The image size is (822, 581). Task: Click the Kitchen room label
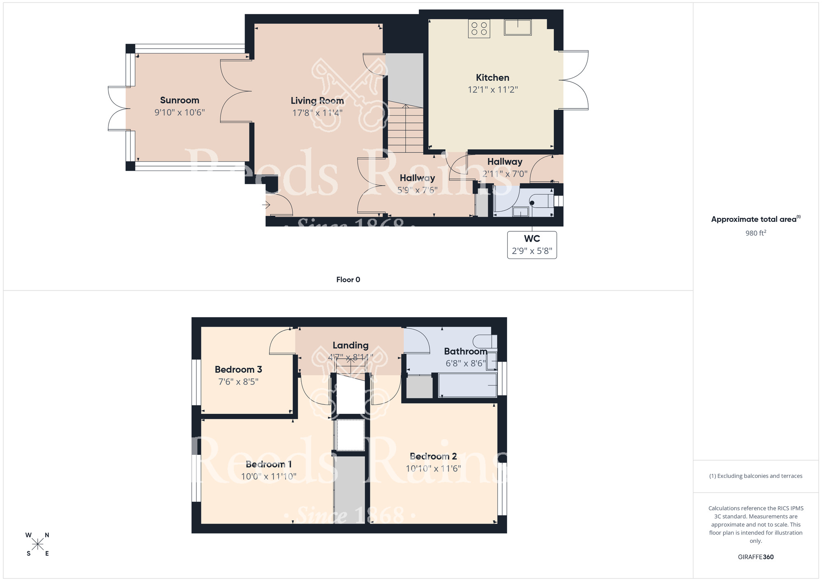pyautogui.click(x=492, y=78)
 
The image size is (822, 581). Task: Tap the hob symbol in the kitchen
pyautogui.click(x=479, y=29)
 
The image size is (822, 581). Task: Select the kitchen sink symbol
pyautogui.click(x=517, y=28)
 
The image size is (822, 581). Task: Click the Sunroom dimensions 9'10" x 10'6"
pyautogui.click(x=180, y=113)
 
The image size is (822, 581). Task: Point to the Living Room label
pyautogui.click(x=317, y=101)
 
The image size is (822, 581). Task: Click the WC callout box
pyautogui.click(x=532, y=245)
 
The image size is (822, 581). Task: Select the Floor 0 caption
pyautogui.click(x=348, y=280)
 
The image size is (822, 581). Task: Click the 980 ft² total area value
pyautogui.click(x=755, y=233)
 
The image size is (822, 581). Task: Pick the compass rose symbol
pyautogui.click(x=37, y=544)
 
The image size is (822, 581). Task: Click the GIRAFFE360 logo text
pyautogui.click(x=755, y=557)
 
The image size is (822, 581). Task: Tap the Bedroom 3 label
pyautogui.click(x=238, y=369)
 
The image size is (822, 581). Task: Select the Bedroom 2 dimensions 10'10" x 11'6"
pyautogui.click(x=433, y=468)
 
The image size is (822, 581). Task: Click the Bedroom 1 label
pyautogui.click(x=269, y=464)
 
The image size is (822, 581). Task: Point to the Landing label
pyautogui.click(x=350, y=345)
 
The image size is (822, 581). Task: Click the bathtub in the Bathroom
pyautogui.click(x=467, y=385)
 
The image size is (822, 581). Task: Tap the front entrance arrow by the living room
pyautogui.click(x=266, y=204)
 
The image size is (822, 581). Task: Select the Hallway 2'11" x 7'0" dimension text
pyautogui.click(x=505, y=174)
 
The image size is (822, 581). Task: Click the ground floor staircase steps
pyautogui.click(x=406, y=129)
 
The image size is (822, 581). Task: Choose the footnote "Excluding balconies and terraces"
pyautogui.click(x=755, y=476)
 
